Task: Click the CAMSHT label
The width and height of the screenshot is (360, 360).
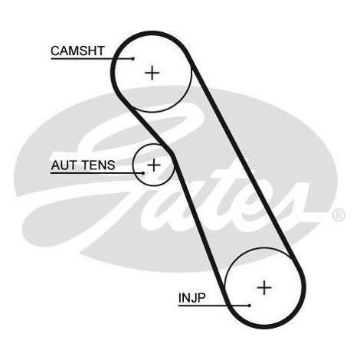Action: click(77, 51)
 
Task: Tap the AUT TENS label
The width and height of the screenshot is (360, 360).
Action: click(83, 165)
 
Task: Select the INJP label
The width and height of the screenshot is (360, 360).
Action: click(191, 298)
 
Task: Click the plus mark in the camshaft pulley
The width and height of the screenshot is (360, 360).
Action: click(152, 74)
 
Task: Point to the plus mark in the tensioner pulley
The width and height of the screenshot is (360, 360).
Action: click(153, 165)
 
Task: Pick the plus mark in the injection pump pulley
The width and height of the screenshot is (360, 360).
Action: click(264, 287)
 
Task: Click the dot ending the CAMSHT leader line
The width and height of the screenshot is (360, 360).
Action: click(133, 59)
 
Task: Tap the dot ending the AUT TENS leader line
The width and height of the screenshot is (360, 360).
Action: click(143, 173)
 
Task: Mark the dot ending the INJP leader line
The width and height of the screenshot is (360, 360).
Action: click(250, 306)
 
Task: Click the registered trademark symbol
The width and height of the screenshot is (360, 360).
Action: click(339, 214)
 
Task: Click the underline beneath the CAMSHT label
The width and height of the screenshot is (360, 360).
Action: click(92, 59)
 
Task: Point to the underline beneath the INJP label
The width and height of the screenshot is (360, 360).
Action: click(214, 306)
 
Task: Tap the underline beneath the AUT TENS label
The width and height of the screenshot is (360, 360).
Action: click(97, 173)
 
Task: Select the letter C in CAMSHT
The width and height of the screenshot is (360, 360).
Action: click(55, 51)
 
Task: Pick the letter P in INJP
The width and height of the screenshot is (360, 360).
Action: click(201, 298)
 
